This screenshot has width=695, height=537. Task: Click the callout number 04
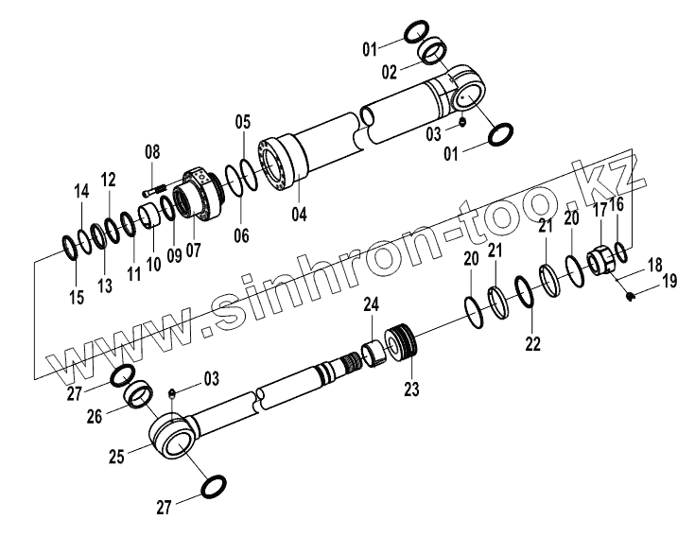pyautogui.click(x=299, y=214)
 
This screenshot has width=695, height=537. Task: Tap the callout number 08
pyautogui.click(x=152, y=151)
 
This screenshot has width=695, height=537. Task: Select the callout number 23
pyautogui.click(x=411, y=388)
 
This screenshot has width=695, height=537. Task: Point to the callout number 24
pyautogui.click(x=372, y=304)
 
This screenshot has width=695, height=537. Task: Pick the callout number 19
pyautogui.click(x=669, y=281)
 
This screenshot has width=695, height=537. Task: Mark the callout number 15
pyautogui.click(x=76, y=298)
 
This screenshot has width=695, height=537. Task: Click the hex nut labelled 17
pyautogui.click(x=602, y=259)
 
